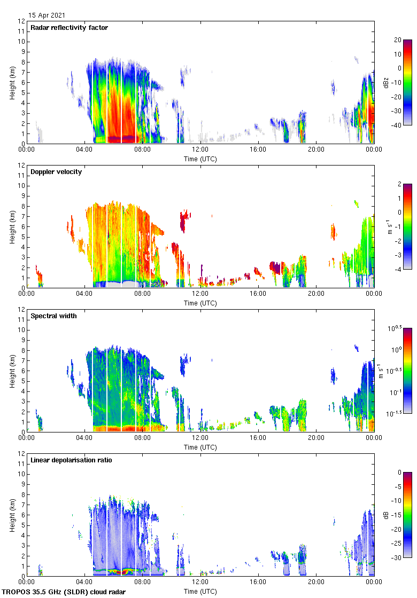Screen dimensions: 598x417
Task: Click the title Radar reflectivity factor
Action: coord(69,28)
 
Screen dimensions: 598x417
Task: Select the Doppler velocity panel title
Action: coord(56,172)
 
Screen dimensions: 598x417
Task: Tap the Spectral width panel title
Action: coord(54,316)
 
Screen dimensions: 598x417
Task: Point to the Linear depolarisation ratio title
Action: coord(71,460)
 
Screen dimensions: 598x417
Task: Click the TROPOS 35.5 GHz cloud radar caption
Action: coord(64,592)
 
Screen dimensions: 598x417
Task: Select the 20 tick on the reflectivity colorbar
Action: coord(397,40)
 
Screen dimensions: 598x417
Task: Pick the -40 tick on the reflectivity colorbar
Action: coord(398,125)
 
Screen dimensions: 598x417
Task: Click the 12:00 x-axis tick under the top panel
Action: coord(200,150)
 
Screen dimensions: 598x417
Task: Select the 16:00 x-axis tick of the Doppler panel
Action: coord(258,294)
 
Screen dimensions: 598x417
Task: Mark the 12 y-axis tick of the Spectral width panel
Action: coord(22,310)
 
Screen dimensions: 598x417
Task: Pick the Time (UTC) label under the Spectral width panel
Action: coord(200,447)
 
